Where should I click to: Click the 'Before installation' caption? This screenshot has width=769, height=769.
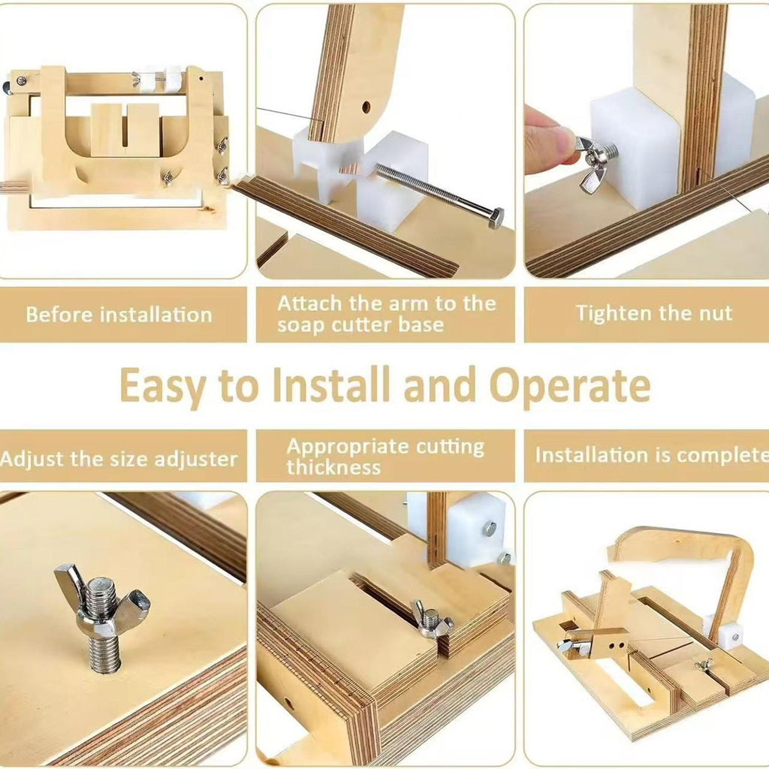[x=119, y=315]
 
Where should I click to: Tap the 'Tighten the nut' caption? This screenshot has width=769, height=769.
[x=654, y=313]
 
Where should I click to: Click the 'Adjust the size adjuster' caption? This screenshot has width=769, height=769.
[x=119, y=459]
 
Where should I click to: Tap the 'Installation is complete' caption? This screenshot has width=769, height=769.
[x=652, y=454]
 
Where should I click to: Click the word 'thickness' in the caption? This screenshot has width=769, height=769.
[x=333, y=467]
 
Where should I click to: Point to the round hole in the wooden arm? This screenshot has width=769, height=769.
[x=366, y=107]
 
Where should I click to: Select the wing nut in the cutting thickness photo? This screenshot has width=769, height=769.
[x=429, y=619]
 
